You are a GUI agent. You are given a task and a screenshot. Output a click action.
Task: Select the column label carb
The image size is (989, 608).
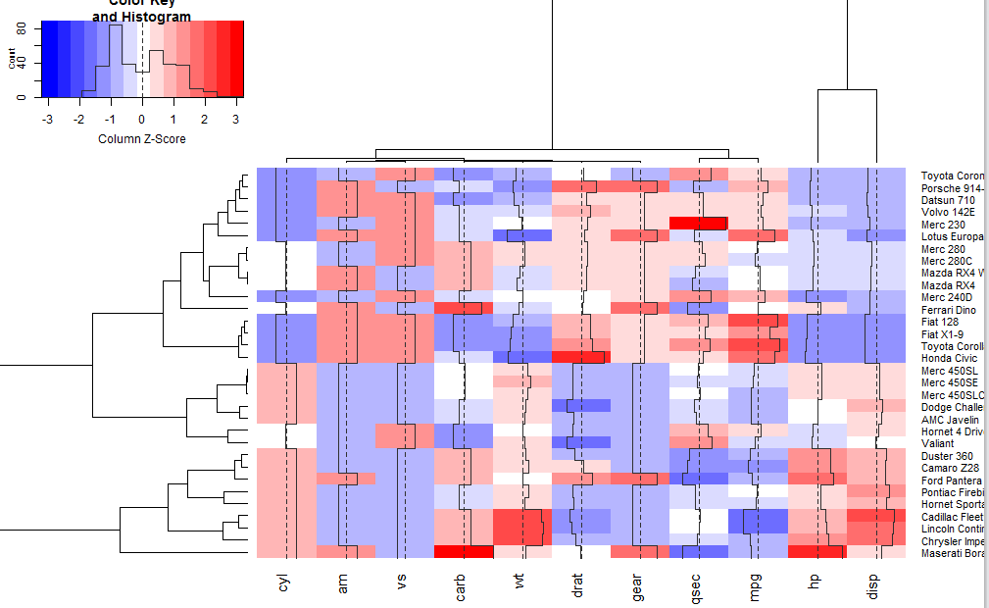click(x=462, y=584)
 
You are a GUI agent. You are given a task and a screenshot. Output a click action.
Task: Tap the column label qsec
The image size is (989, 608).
click(x=697, y=585)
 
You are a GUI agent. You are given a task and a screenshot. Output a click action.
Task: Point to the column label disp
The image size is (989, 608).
click(x=873, y=584)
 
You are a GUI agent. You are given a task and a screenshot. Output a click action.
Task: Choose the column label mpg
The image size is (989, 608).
click(x=756, y=585)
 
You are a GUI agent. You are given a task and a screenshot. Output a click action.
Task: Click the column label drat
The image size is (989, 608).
click(x=579, y=584)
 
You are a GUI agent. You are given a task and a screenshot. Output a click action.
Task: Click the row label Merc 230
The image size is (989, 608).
click(x=943, y=225)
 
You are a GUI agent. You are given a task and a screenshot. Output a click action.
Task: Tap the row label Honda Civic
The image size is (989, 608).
click(x=949, y=359)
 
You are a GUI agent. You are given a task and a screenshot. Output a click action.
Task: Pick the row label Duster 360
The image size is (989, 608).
click(x=948, y=456)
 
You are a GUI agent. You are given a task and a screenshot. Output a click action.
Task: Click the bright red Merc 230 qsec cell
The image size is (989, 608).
click(x=697, y=224)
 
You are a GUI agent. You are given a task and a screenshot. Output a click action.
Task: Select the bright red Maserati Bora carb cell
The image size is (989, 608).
click(x=462, y=552)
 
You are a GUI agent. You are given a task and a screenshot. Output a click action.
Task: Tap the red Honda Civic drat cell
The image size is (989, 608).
click(x=579, y=358)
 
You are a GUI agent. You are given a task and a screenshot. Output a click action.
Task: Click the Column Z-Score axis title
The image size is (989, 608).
click(x=142, y=139)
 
